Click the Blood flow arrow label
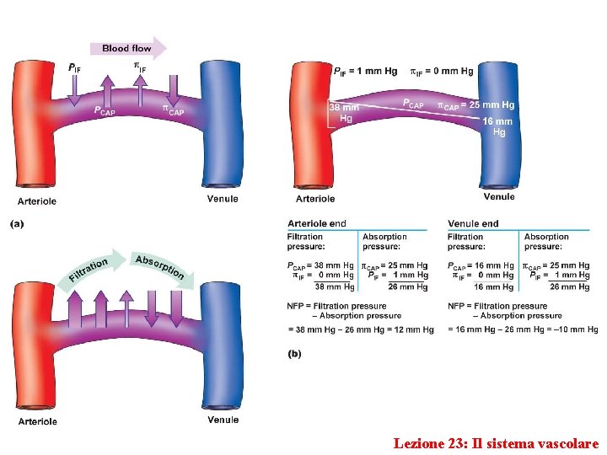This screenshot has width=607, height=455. click(127, 49)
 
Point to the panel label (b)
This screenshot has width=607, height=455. click(294, 354)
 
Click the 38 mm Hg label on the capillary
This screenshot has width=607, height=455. click(344, 113)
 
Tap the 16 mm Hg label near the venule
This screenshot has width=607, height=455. click(498, 126)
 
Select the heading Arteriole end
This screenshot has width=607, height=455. click(317, 223)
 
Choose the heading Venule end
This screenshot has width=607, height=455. click(473, 223)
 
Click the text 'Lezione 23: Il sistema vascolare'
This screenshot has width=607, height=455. click(496, 443)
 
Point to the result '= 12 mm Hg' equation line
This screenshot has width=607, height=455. click(361, 329)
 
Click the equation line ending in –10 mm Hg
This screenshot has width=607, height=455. click(523, 329)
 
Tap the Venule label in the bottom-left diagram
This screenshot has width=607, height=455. click(223, 420)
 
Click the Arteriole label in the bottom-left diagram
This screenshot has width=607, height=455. click(38, 421)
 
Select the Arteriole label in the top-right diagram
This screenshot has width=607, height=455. click(315, 199)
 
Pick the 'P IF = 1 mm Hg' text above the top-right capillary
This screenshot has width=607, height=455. click(365, 71)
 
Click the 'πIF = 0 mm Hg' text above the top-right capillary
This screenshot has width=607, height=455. click(441, 71)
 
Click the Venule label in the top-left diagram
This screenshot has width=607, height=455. click(223, 199)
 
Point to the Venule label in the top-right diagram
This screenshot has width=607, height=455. click(499, 197)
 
